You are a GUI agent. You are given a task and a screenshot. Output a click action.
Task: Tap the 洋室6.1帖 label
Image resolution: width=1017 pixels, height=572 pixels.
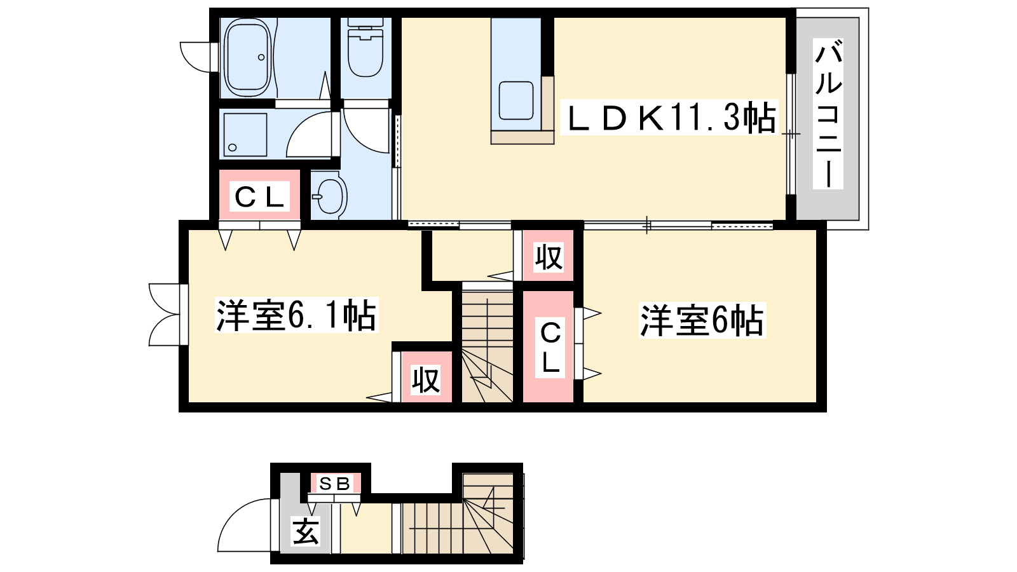point(296,315)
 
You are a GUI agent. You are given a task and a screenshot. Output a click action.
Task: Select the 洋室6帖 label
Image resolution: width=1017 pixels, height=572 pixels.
point(702,320)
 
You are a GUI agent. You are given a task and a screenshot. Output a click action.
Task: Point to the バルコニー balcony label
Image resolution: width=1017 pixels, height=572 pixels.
point(828,114)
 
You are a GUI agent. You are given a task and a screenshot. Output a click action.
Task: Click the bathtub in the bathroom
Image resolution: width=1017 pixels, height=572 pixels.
point(249,57)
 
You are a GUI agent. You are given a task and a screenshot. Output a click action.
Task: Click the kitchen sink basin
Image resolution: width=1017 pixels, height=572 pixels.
point(515,100)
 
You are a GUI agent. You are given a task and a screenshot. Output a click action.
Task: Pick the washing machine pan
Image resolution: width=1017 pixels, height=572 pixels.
point(245,135)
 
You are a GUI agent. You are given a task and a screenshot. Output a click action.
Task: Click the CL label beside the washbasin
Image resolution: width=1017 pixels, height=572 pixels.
point(259,196)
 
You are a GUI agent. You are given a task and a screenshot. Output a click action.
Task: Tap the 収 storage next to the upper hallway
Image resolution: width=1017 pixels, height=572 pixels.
point(549,256)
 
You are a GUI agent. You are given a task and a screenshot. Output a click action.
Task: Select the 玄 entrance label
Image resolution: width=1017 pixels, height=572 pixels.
point(305,531)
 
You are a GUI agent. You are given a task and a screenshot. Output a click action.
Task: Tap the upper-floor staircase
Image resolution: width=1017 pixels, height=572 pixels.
point(488,346)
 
